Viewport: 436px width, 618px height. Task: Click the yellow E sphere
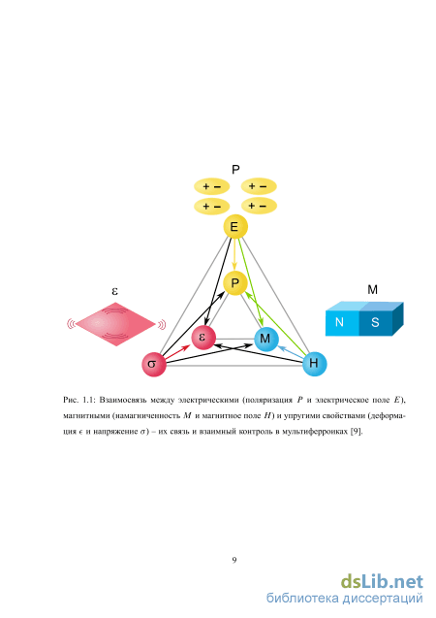(235, 227)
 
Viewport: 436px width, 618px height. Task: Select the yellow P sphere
(234, 283)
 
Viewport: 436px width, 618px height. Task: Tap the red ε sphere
(203, 338)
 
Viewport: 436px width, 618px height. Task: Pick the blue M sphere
(266, 339)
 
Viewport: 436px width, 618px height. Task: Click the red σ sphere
(154, 364)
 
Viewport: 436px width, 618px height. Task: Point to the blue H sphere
(315, 364)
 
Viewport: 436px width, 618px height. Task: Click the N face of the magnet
(342, 323)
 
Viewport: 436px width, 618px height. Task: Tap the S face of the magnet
(376, 323)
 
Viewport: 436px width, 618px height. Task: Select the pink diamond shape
(115, 324)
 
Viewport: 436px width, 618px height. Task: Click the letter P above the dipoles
(235, 170)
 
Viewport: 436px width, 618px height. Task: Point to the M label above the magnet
(372, 290)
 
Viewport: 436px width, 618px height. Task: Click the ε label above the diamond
(115, 292)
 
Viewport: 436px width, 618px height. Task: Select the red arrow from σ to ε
(178, 352)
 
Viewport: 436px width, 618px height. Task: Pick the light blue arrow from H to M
(291, 352)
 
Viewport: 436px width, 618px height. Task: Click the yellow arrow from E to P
(234, 254)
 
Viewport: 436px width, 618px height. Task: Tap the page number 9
(234, 560)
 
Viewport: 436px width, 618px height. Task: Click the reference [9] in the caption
(357, 431)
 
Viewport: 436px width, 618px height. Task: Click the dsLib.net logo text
(382, 582)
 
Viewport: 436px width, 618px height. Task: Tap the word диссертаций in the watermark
(382, 599)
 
